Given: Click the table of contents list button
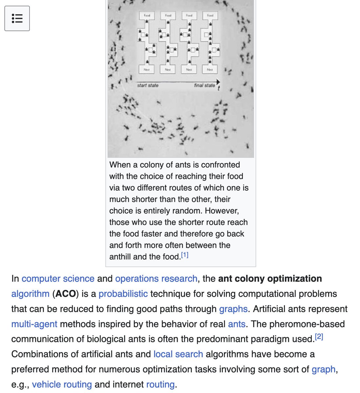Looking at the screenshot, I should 17,18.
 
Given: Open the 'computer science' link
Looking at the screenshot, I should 58,279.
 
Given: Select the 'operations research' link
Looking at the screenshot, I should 156,279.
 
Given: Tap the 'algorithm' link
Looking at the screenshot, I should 30,294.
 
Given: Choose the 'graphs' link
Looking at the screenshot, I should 233,309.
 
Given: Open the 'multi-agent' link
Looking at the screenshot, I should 34,324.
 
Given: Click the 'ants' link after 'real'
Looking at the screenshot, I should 236,324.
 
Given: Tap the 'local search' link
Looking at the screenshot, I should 178,354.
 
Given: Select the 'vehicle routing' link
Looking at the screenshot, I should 62,384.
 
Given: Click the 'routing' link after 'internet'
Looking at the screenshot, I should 160,384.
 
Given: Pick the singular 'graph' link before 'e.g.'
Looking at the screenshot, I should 323,369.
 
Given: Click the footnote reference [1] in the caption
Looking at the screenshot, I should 185,255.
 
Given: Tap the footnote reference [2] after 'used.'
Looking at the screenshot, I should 319,337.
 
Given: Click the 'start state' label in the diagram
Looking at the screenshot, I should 148,85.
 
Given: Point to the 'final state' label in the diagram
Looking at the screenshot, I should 204,85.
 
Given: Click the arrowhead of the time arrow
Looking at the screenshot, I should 218,82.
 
